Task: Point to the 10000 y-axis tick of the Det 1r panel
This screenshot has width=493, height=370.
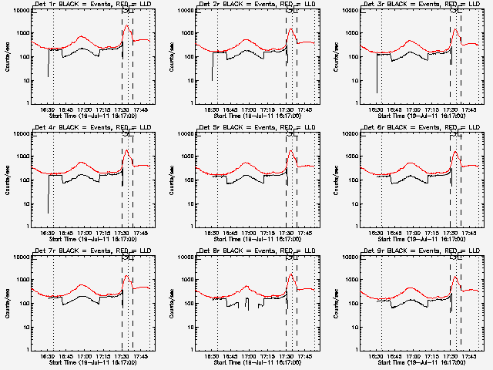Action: (x=21, y=11)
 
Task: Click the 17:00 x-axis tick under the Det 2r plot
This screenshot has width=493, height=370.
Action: (x=247, y=110)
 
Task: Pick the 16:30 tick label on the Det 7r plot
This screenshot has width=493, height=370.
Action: (x=47, y=357)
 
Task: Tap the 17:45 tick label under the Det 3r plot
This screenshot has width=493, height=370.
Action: (x=470, y=110)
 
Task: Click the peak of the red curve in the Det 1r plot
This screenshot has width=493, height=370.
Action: (x=126, y=25)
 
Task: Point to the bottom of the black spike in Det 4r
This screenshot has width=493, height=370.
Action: (x=48, y=213)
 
